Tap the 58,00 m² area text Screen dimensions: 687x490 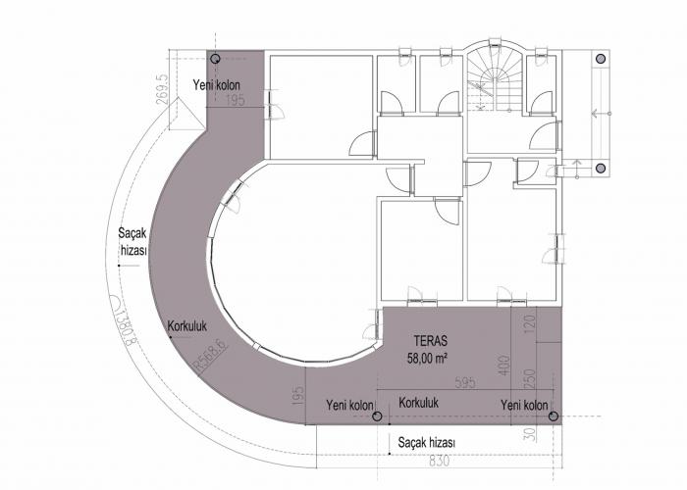point(427,359)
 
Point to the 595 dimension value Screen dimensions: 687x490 point(465,383)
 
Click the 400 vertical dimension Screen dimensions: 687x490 point(504,366)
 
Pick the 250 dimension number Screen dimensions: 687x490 point(530,380)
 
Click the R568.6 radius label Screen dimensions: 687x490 point(212,357)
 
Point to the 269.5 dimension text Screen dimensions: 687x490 point(162,89)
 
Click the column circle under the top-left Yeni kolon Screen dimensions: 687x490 point(215,59)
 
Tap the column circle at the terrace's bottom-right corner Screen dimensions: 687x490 point(554,416)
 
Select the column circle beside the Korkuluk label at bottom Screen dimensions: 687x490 point(377,416)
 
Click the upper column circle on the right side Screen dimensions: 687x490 point(601,59)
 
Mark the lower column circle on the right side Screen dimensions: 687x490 point(601,168)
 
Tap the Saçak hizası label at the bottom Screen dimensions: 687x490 point(426,442)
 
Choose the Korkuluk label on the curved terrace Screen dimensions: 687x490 point(187,326)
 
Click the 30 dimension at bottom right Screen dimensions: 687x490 point(530,433)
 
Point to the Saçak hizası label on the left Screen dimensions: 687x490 point(132,242)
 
